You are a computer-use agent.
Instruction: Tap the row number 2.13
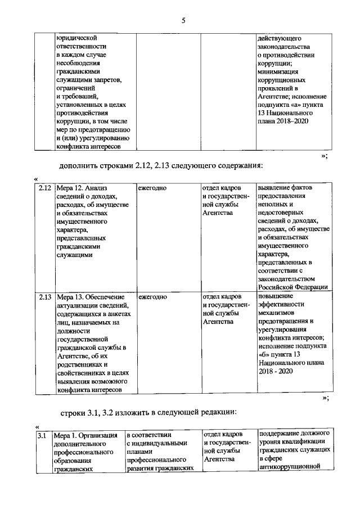pyautogui.click(x=44, y=296)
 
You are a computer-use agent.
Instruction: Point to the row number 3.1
pyautogui.click(x=42, y=435)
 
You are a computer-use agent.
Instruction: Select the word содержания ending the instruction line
pyautogui.click(x=239, y=165)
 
